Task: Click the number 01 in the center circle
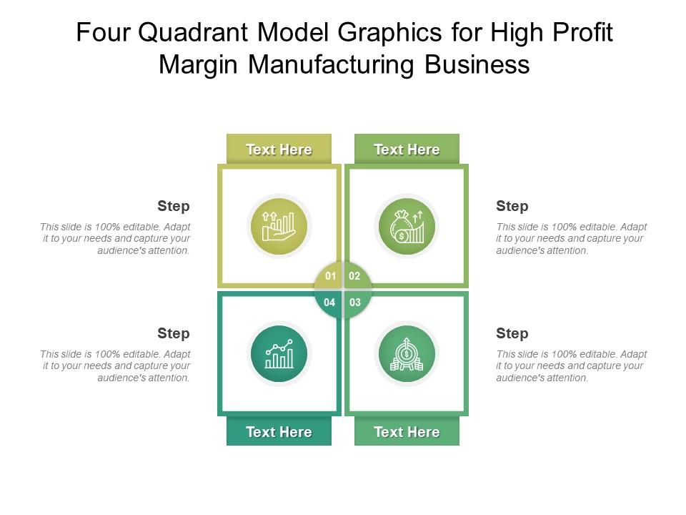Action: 330,276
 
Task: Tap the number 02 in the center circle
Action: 355,276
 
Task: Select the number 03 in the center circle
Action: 355,303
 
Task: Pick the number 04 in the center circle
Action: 329,303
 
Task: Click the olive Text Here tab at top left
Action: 279,149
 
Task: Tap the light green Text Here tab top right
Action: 407,149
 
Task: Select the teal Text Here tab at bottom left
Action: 279,432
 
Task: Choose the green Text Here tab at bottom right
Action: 407,432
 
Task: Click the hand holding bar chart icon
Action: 279,227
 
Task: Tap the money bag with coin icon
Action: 407,227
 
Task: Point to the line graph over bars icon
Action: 279,354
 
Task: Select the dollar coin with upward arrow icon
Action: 407,354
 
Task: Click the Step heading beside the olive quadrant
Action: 174,207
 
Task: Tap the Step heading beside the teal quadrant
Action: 174,334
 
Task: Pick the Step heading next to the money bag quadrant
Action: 512,207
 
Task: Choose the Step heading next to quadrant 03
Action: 512,334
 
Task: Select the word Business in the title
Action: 477,65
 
